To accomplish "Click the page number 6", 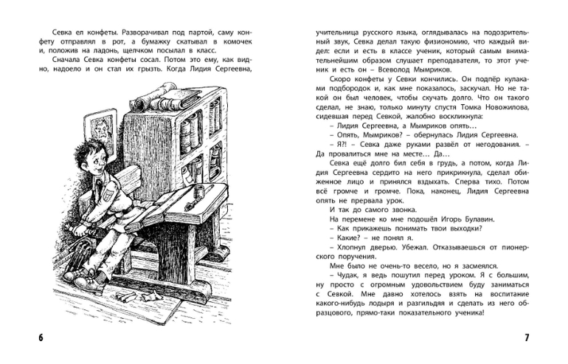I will (x=41, y=338).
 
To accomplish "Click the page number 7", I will (x=527, y=338).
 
